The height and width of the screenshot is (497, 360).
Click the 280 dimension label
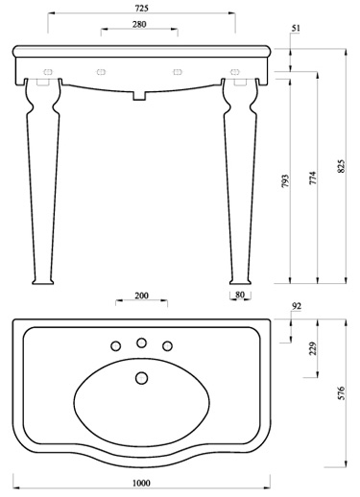pyautogui.click(x=140, y=23)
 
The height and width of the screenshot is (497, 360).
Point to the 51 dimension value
pyautogui.click(x=295, y=31)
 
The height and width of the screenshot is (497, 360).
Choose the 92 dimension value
pyautogui.click(x=295, y=307)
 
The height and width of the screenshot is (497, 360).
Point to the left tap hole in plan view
pyautogui.click(x=116, y=345)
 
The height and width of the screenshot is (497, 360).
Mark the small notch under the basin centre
pyautogui.click(x=140, y=95)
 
